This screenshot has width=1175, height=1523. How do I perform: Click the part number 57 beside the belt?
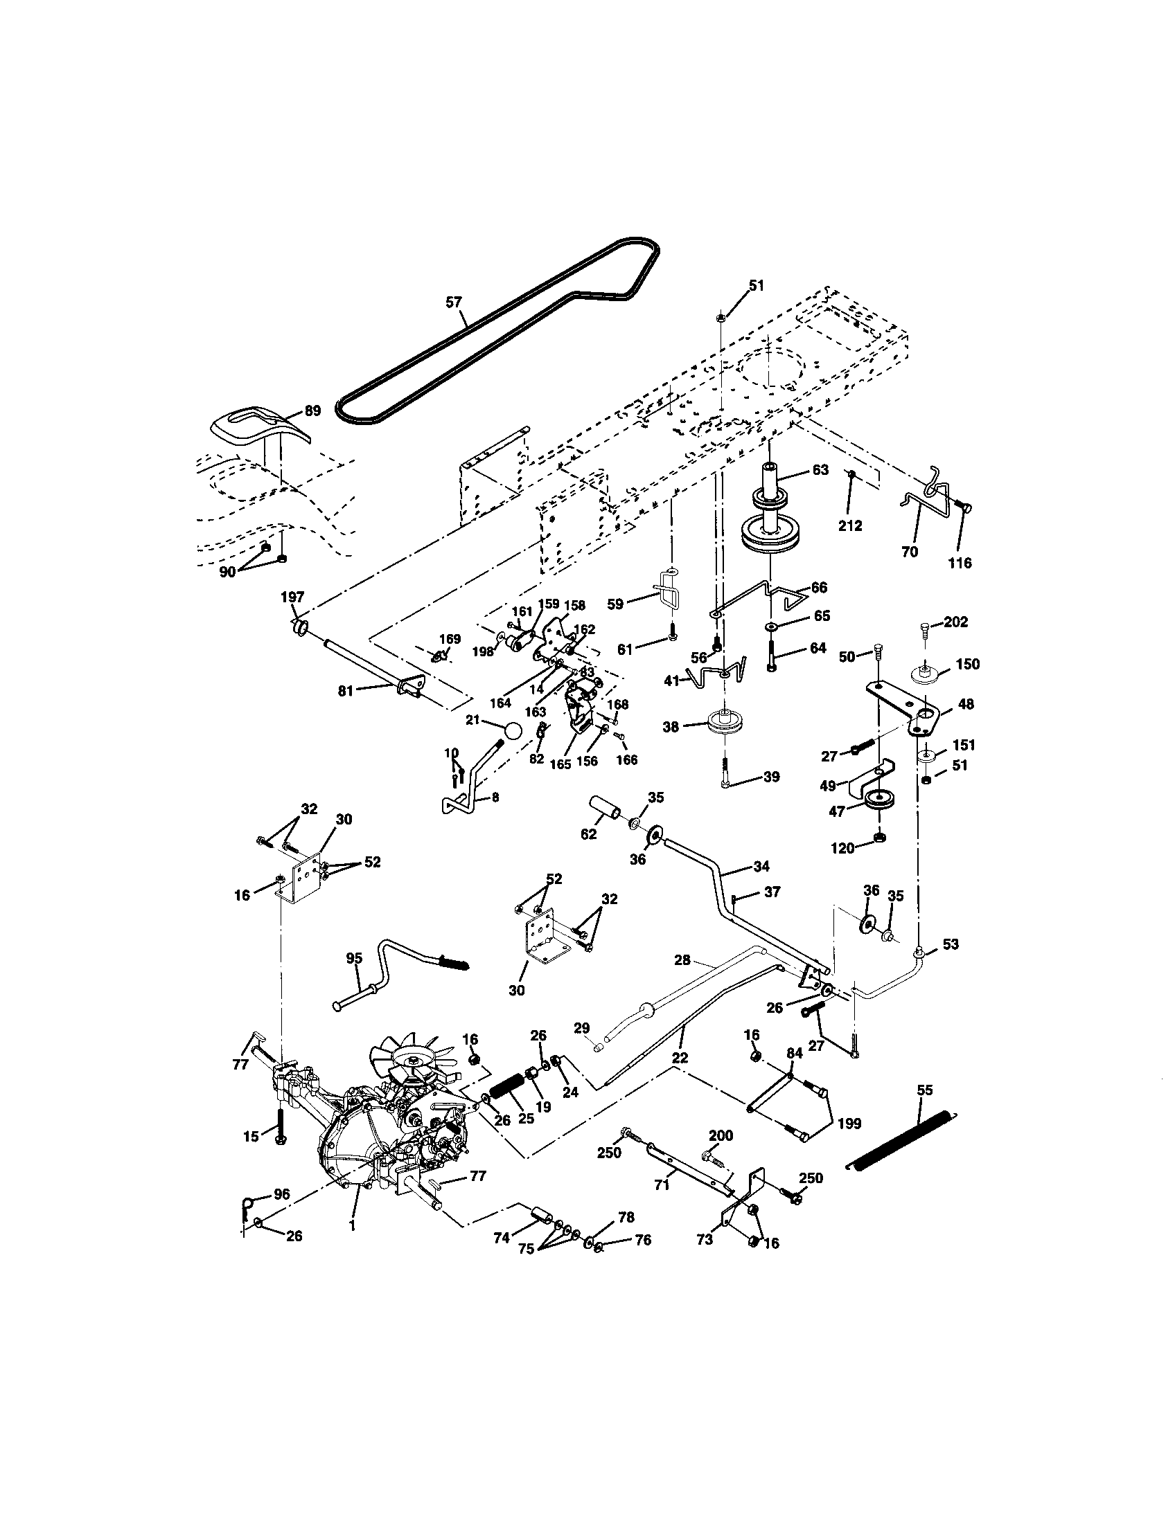[x=454, y=301]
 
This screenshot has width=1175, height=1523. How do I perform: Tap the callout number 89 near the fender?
[x=312, y=411]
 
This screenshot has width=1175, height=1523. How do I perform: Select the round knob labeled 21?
[x=513, y=730]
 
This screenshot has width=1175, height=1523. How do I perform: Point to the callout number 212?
[x=851, y=526]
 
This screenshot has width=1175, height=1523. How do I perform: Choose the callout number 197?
[x=292, y=597]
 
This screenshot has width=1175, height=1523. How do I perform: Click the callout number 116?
[x=960, y=562]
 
